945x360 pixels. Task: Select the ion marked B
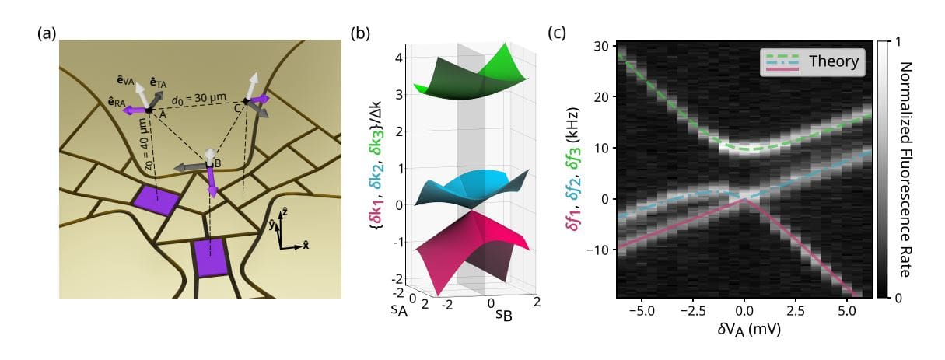209,163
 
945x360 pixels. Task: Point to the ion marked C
247,101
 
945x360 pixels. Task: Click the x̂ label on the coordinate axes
306,243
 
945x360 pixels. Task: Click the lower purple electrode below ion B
210,257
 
